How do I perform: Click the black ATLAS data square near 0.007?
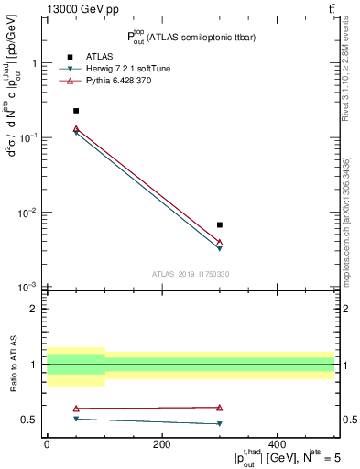pos(220,224)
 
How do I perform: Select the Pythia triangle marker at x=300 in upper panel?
pos(220,242)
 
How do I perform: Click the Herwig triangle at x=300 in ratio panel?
pos(220,423)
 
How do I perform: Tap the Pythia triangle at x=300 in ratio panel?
pos(220,407)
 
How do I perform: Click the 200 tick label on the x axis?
pos(162,444)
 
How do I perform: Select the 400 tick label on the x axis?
pos(278,444)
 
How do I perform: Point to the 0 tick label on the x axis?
pos(47,444)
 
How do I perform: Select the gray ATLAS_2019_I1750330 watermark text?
pos(191,274)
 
